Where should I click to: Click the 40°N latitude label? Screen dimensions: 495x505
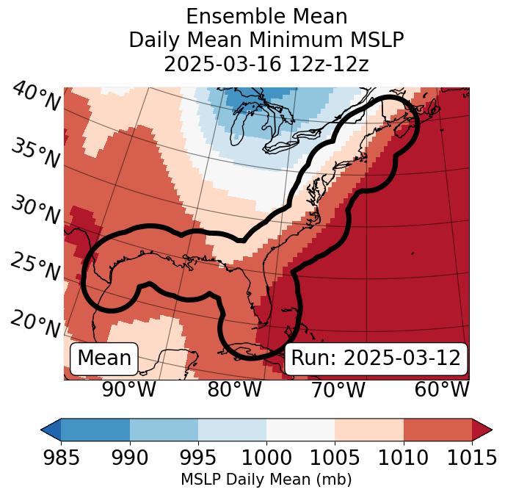pos(35,97)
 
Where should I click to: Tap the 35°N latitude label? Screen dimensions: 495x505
pos(35,153)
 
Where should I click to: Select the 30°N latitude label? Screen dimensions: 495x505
pos(35,211)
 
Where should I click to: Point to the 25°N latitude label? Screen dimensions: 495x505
pos(35,267)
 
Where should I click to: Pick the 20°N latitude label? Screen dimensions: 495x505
pos(35,324)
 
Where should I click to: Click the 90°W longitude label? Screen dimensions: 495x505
pos(129,390)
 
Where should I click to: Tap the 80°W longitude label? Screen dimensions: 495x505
pos(235,390)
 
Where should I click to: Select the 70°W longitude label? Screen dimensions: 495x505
pos(338,390)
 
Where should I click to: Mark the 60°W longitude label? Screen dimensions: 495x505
pos(442,390)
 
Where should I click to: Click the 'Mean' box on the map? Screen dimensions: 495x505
pos(104,358)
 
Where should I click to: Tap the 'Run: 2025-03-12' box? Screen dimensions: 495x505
pos(376,358)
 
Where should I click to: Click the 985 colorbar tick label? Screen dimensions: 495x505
pos(61,458)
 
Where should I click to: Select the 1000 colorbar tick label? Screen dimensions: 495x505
pos(266,458)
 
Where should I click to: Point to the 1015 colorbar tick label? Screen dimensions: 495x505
pos(471,458)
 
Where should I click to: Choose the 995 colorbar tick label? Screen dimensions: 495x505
pos(198,458)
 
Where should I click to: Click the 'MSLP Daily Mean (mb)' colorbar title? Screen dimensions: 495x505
pos(266,480)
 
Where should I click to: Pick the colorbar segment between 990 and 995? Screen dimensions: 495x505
pos(164,430)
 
